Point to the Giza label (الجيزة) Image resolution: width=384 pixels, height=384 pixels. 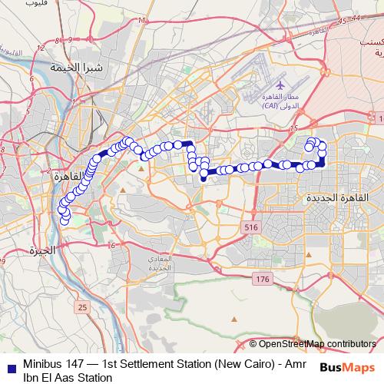coord(41,250)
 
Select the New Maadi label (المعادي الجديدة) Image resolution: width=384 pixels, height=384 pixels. coord(162,264)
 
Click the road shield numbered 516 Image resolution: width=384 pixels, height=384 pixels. coord(251,228)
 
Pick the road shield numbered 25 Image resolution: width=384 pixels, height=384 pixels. coord(82,307)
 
